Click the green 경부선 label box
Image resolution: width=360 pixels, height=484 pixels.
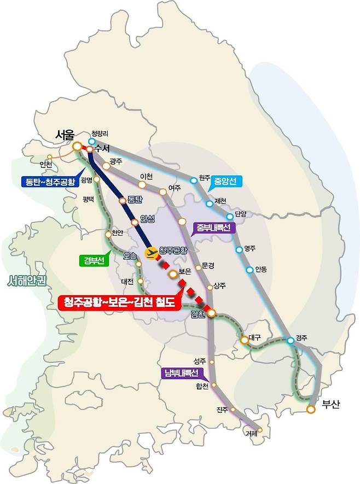pos(94,260)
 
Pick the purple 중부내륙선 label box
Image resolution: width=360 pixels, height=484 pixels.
pos(213,227)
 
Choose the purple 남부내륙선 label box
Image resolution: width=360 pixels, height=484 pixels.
pos(181,374)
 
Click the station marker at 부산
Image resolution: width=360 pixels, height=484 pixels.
pos(311,409)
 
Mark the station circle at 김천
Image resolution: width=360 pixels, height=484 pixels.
pos(211,313)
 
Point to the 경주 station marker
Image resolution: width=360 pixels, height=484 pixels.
pos(291,341)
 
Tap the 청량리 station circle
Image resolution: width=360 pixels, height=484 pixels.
pos(91,142)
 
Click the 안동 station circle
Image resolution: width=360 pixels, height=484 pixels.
pos(250,269)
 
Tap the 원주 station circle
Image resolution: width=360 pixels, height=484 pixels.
pos(193,180)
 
